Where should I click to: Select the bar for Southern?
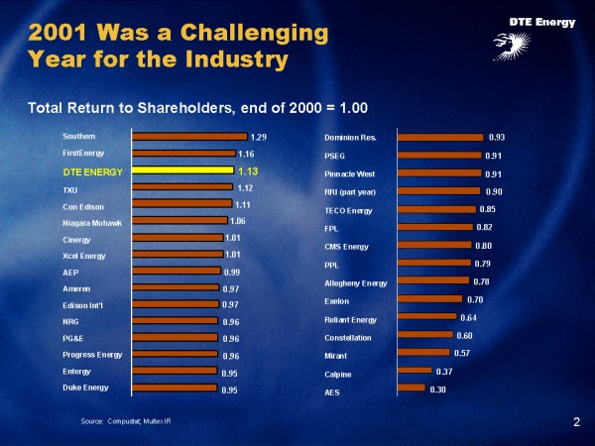(189, 136)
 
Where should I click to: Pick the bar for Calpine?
(414, 371)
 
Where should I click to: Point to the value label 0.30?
(437, 390)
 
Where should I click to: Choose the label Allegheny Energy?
(356, 283)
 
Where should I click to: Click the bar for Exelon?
(428, 298)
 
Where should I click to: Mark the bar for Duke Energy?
(175, 388)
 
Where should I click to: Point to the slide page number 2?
(576, 423)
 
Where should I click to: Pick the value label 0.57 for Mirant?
(461, 353)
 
